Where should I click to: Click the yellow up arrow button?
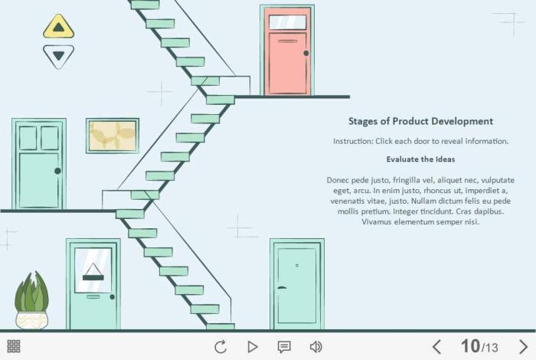(x=58, y=27)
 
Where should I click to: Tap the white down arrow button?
(x=58, y=56)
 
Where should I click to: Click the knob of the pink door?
(x=306, y=53)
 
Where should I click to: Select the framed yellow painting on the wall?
(x=113, y=136)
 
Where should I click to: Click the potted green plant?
(x=31, y=300)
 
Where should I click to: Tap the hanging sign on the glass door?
(x=93, y=272)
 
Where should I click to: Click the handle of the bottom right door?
(x=282, y=287)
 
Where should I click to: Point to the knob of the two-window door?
(x=57, y=171)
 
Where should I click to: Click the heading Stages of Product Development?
(x=420, y=121)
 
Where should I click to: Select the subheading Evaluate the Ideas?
(x=420, y=159)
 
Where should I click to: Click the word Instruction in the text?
(x=352, y=141)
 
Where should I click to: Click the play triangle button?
(x=252, y=347)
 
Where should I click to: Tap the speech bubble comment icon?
(x=284, y=347)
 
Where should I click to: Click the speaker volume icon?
(x=315, y=347)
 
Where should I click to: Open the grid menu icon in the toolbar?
(x=14, y=346)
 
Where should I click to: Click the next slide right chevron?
(x=523, y=347)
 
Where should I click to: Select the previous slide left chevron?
(x=436, y=347)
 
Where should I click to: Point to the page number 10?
(x=470, y=346)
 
